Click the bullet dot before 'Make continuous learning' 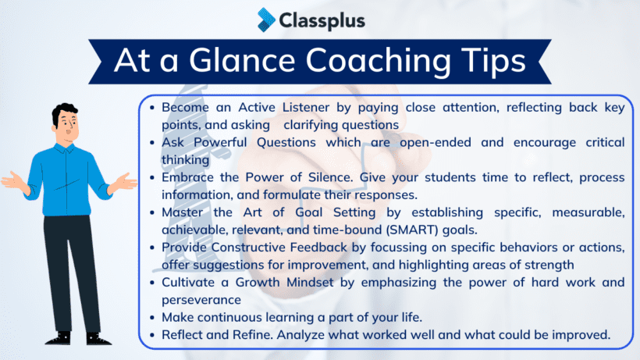tap(154, 317)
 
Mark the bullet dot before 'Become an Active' tap(154, 108)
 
